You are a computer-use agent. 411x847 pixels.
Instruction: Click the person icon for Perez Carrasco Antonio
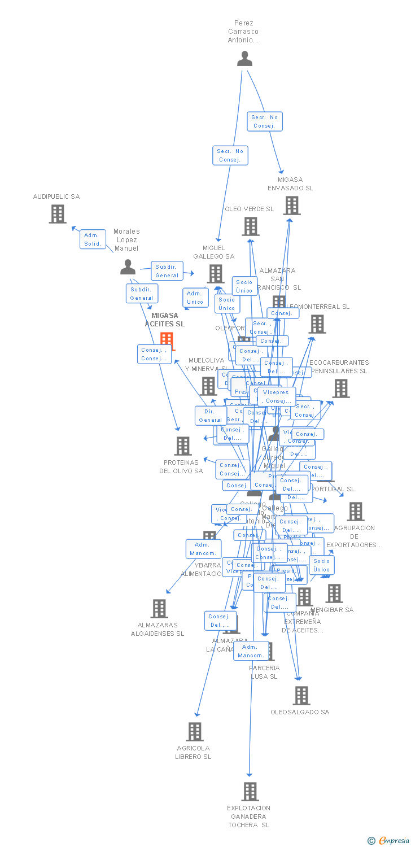[244, 59]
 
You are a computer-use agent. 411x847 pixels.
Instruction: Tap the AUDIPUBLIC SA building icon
[57, 214]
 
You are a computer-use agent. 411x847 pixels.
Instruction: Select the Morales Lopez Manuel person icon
[128, 267]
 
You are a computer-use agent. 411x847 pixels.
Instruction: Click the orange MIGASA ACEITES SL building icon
[167, 340]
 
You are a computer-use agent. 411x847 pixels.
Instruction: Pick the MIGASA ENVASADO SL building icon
[291, 206]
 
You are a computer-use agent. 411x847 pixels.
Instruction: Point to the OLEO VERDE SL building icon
[251, 226]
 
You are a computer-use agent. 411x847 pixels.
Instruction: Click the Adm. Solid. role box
[93, 239]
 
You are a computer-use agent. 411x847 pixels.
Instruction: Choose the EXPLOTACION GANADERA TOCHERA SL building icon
[250, 792]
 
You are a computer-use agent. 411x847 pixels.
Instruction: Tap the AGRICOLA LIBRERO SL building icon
[194, 732]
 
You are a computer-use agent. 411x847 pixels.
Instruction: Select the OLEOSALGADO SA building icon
[302, 696]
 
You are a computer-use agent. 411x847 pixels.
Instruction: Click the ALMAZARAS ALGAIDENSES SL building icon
[160, 609]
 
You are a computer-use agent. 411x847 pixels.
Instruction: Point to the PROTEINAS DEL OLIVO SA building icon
[182, 446]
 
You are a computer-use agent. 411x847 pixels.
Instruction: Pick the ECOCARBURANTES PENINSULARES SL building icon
[340, 388]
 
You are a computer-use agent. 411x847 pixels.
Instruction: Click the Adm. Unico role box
[195, 298]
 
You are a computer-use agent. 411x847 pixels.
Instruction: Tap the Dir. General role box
[211, 416]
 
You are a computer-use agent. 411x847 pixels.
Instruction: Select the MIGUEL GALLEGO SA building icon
[216, 274]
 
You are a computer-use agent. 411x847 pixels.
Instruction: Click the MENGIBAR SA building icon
[334, 593]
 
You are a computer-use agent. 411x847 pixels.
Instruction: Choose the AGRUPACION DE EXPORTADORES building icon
[355, 512]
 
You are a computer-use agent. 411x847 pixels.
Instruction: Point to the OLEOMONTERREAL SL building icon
[317, 324]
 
